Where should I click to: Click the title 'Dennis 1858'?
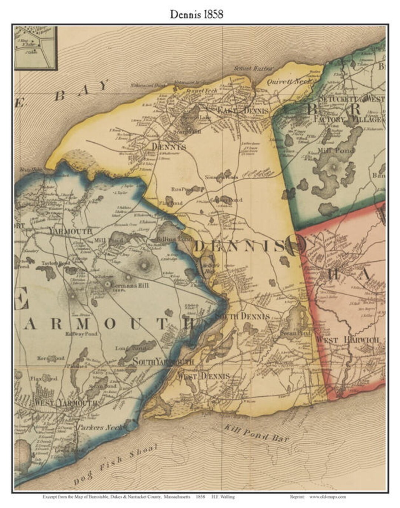point(197,14)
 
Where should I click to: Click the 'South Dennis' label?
point(242,316)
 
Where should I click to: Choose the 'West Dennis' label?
point(204,376)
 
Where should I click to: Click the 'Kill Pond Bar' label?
point(256,433)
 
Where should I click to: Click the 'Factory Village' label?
point(347,119)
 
